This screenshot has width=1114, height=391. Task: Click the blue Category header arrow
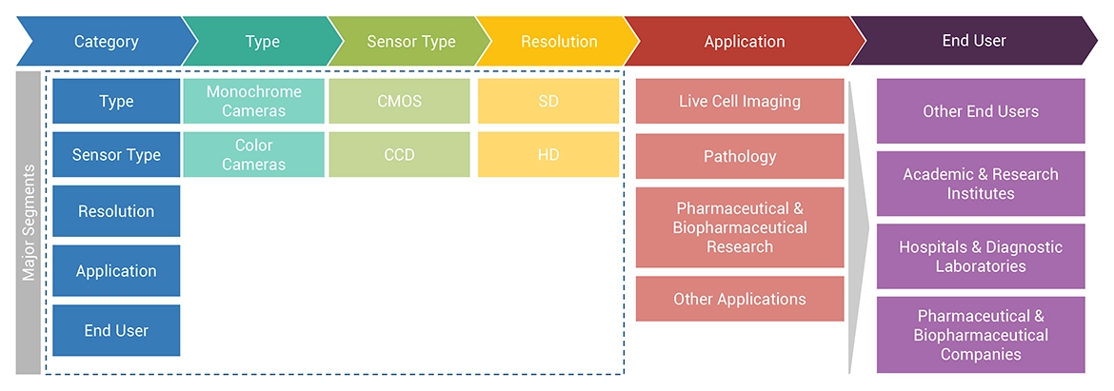pos(106,42)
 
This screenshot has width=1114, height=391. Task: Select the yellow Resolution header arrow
pos(559,42)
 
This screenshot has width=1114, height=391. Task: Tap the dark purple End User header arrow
pos(973,41)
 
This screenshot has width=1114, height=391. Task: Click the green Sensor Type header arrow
pos(411,42)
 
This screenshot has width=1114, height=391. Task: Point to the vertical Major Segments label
pos(29,223)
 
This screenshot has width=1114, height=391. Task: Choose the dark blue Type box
pos(116,102)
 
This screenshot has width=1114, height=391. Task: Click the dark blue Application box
pos(116,271)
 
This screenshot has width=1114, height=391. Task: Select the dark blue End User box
pos(116,331)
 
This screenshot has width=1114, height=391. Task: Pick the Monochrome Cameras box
pos(253,102)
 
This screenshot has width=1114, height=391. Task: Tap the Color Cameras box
pos(253,155)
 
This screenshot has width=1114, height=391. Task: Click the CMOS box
pos(399,102)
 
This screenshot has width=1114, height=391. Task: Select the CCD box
pos(399,155)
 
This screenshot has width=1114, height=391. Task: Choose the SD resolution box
pos(548,102)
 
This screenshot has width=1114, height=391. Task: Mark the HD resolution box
pos(548,155)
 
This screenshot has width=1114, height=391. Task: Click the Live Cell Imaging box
pos(740,102)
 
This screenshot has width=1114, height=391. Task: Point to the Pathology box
pos(740,157)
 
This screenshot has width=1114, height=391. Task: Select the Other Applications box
pos(740,299)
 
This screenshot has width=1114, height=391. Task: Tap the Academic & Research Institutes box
pos(981,184)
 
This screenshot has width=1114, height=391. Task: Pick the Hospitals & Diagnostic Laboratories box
pos(981,256)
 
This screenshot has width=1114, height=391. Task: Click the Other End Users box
pos(981,111)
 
